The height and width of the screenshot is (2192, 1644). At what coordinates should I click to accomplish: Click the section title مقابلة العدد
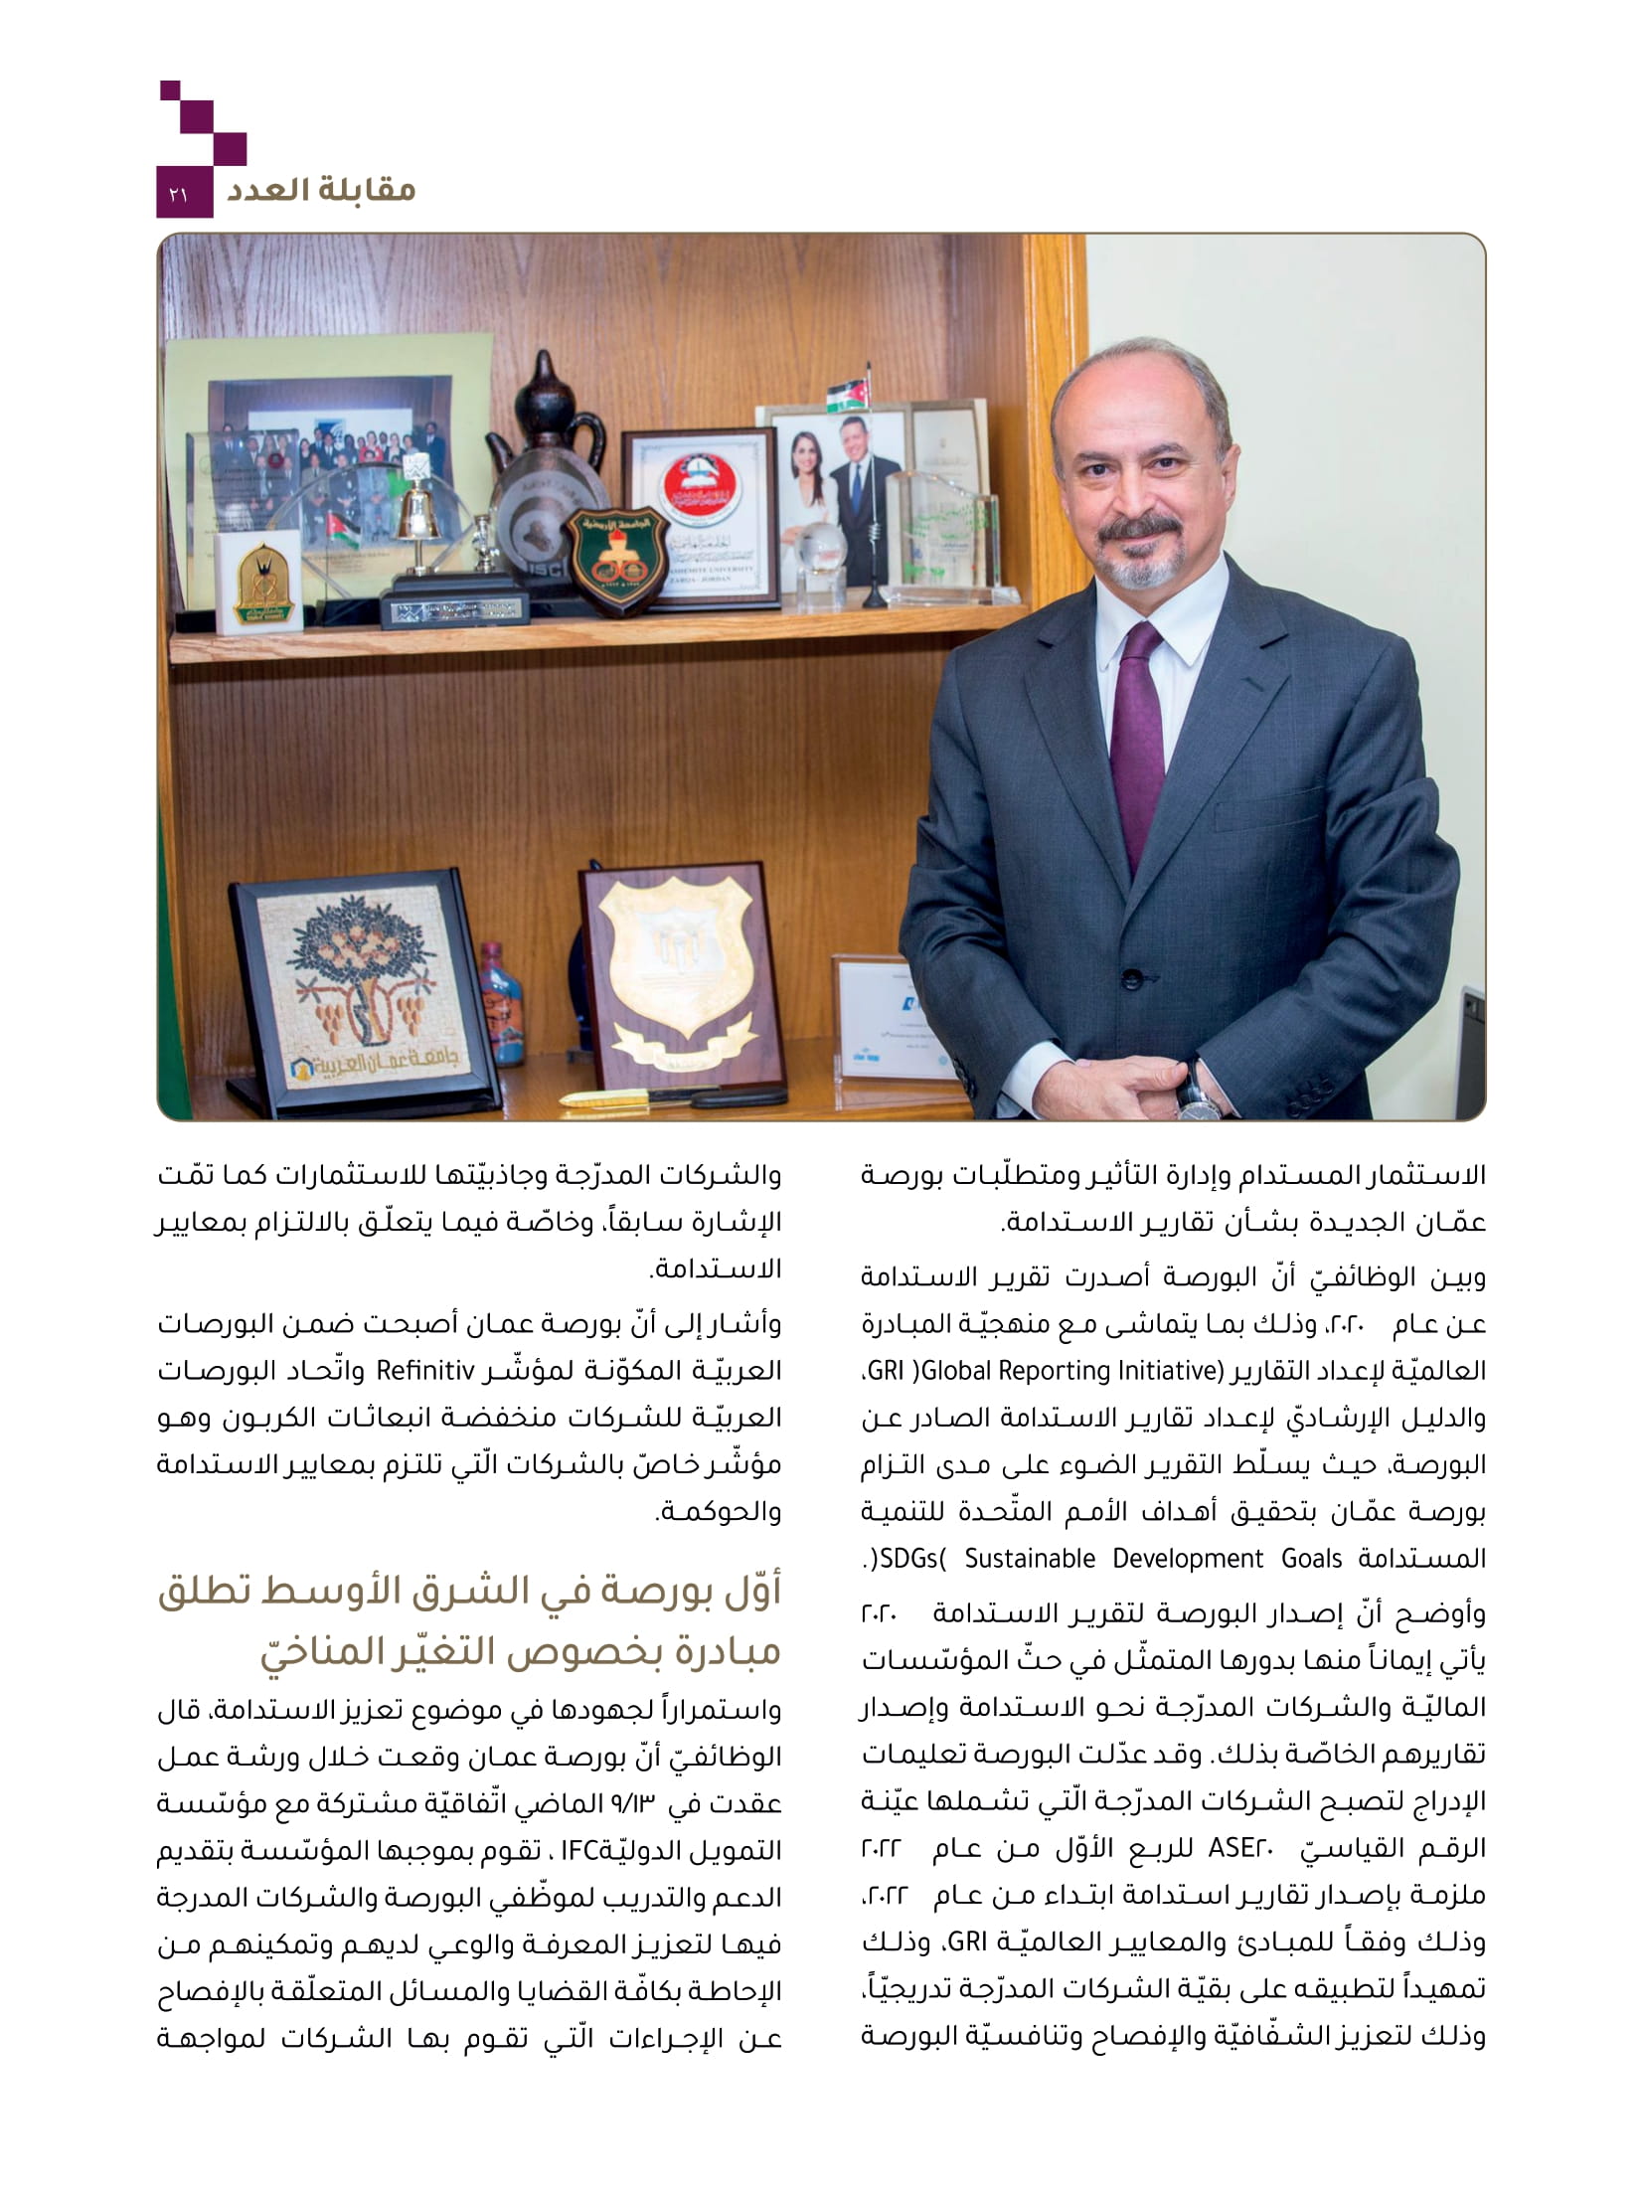[319, 189]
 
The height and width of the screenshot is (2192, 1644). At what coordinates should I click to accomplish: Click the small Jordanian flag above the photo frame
[850, 392]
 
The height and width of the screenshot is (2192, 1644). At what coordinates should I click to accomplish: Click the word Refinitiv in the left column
[426, 1371]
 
